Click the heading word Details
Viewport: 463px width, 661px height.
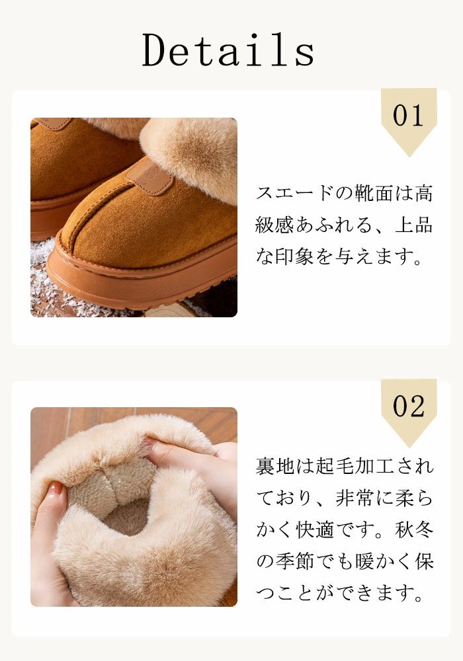pos(228,50)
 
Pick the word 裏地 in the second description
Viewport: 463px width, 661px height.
pos(275,467)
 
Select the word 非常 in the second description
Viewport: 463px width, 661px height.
pos(355,498)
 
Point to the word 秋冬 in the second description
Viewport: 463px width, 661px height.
pos(414,530)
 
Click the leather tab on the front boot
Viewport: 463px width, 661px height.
pos(149,176)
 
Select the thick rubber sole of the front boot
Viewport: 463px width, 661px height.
pos(139,278)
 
